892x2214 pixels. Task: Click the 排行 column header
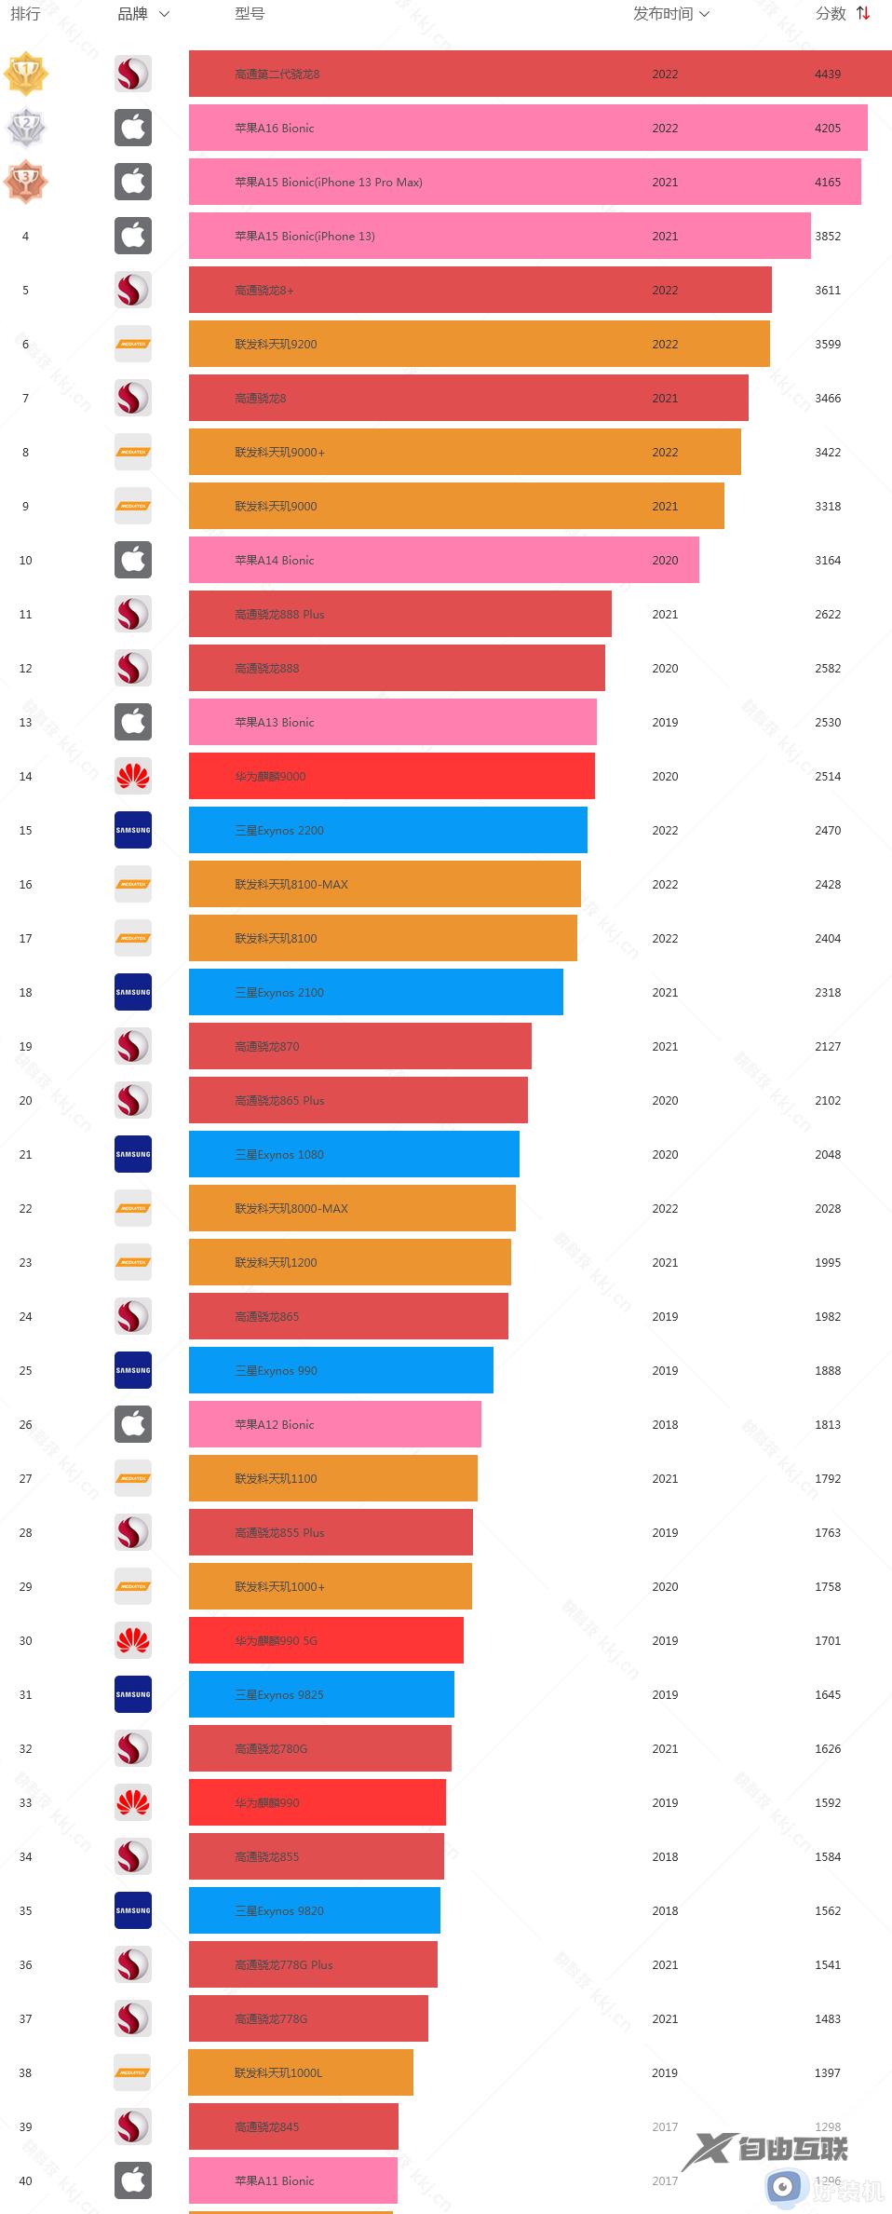click(x=25, y=14)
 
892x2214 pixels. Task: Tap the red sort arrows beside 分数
click(x=863, y=14)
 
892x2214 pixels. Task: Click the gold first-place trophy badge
click(x=26, y=74)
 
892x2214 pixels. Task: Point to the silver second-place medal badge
click(x=26, y=128)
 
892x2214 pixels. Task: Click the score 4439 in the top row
click(x=827, y=75)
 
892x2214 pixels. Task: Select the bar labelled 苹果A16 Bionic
click(x=527, y=129)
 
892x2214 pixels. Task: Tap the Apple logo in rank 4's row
click(x=133, y=236)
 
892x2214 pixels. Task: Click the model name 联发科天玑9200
click(x=276, y=345)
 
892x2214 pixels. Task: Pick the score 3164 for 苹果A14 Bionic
click(x=827, y=561)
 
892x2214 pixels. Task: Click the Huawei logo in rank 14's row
click(x=133, y=776)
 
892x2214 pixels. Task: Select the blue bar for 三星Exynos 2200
click(x=387, y=831)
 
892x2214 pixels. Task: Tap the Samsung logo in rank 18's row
click(x=133, y=992)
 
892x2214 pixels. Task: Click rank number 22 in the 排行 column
click(x=25, y=1209)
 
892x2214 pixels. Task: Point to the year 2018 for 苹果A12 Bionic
click(x=665, y=1425)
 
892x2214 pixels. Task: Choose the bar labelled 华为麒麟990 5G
click(x=326, y=1641)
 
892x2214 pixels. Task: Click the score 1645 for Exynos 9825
click(x=827, y=1695)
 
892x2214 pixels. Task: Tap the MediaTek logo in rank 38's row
click(x=133, y=2072)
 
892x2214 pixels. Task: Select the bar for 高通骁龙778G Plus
click(x=313, y=1965)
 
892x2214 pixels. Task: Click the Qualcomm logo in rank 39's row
click(x=133, y=2126)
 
